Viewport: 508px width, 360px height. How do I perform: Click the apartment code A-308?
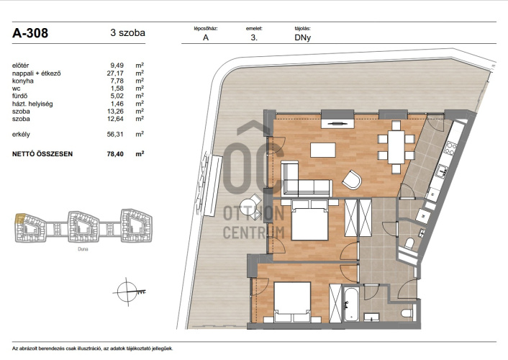(30, 33)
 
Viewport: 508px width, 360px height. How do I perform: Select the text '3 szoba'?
(127, 32)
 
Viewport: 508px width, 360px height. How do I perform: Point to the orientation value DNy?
(303, 37)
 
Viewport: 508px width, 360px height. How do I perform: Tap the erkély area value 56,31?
(115, 134)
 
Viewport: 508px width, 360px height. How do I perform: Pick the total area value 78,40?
(115, 154)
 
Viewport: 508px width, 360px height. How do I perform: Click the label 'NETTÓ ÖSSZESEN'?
(42, 154)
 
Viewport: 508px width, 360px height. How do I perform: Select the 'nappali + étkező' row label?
(36, 73)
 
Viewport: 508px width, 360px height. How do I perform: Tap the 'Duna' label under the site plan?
(83, 249)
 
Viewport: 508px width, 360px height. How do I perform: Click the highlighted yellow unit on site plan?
(19, 218)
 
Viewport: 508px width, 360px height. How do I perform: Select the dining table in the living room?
(396, 147)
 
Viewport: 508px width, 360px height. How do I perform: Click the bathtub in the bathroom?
(351, 304)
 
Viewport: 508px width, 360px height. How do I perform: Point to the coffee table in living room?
(323, 150)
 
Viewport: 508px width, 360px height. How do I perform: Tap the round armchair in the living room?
(352, 180)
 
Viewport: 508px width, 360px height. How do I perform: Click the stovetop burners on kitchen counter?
(450, 148)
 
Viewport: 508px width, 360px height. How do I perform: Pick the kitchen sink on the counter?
(442, 171)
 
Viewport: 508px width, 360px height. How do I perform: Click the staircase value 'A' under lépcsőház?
(206, 37)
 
